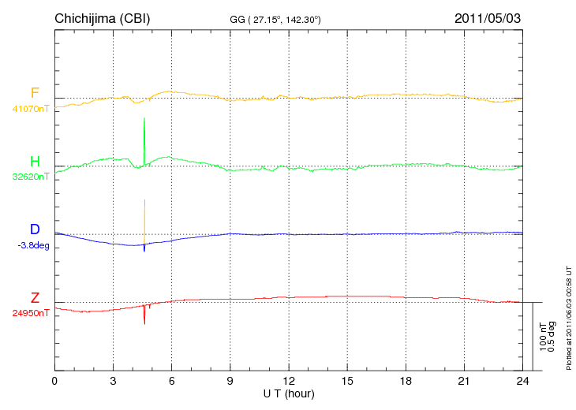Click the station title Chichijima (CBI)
pyautogui.click(x=102, y=17)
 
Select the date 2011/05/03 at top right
pyautogui.click(x=487, y=17)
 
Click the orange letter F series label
pyautogui.click(x=35, y=94)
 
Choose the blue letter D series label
pyautogui.click(x=35, y=230)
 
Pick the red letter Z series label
pyautogui.click(x=35, y=298)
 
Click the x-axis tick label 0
pyautogui.click(x=54, y=382)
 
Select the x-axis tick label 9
pyautogui.click(x=230, y=382)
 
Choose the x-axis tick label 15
pyautogui.click(x=347, y=382)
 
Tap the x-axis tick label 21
pyautogui.click(x=464, y=382)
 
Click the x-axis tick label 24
pyautogui.click(x=522, y=382)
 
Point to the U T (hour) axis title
pyautogui.click(x=289, y=393)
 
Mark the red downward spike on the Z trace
pyautogui.click(x=144, y=317)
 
